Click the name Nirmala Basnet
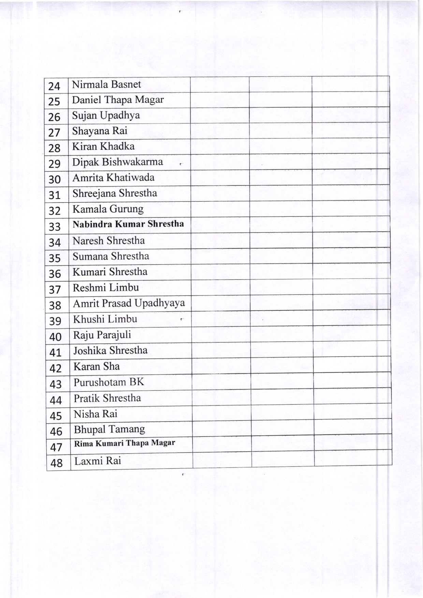(x=106, y=84)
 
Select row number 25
(x=54, y=101)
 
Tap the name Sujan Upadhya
(x=106, y=115)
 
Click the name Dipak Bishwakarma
(x=117, y=162)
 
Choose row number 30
(x=55, y=179)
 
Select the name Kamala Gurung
(x=108, y=209)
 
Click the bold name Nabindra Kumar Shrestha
(x=128, y=224)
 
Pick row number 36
(x=55, y=274)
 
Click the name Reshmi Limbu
(x=106, y=288)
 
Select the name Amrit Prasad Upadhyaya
(x=129, y=303)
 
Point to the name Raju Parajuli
(x=102, y=335)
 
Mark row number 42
(x=55, y=368)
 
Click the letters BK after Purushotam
(x=136, y=382)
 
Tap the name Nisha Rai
(x=96, y=414)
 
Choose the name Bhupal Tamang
(x=110, y=429)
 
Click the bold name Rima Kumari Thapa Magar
(x=125, y=443)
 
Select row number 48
(x=56, y=463)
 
